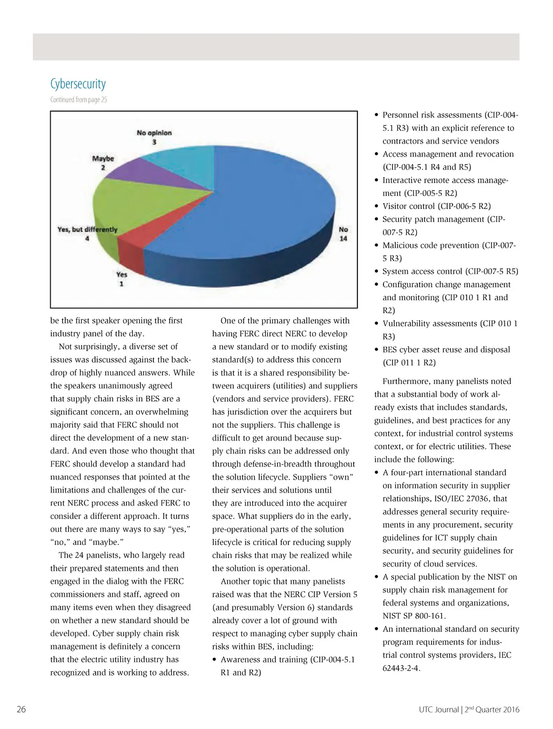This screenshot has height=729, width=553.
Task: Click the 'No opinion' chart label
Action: pyautogui.click(x=154, y=133)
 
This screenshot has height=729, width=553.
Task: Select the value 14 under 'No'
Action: pyautogui.click(x=343, y=239)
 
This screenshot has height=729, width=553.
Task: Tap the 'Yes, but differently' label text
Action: pyautogui.click(x=87, y=230)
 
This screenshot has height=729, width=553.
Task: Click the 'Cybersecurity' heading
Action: pyautogui.click(x=78, y=84)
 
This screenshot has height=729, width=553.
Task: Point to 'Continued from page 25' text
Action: pyautogui.click(x=78, y=99)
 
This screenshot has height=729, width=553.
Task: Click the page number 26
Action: pyautogui.click(x=21, y=710)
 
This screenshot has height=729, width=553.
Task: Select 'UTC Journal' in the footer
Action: pyautogui.click(x=438, y=710)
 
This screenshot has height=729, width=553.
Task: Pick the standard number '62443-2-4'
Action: pyautogui.click(x=401, y=668)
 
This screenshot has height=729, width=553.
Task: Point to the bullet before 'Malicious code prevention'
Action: pyautogui.click(x=376, y=245)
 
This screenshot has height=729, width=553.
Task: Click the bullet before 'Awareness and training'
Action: pyautogui.click(x=215, y=660)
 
